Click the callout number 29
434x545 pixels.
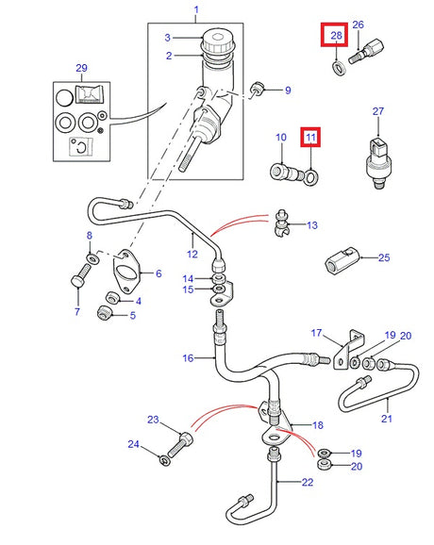tap(80, 70)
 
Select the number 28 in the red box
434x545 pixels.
tap(336, 38)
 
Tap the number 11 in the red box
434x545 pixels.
tap(310, 138)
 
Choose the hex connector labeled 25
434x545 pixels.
tap(343, 256)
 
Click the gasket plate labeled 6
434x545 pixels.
tap(126, 272)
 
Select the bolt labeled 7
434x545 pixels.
tap(79, 281)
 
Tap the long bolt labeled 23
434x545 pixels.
tap(183, 438)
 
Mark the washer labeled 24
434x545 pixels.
tap(165, 459)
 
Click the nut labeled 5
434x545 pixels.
tap(107, 312)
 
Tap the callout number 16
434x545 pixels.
tap(189, 357)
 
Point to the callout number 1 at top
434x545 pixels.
tap(196, 10)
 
